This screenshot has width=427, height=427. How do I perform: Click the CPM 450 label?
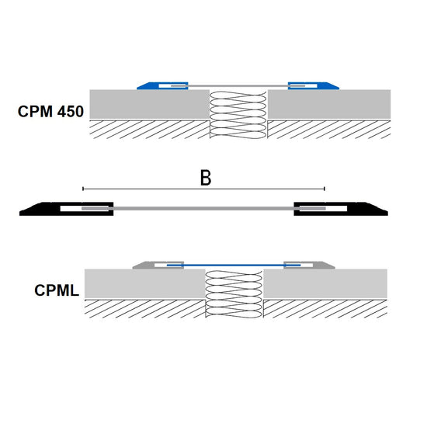point(50,112)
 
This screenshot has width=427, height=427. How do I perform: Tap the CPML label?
point(57,290)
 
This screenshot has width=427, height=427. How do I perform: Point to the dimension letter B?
point(206,178)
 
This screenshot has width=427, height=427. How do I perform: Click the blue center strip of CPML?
point(234,265)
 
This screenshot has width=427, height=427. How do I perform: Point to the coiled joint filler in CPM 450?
point(238,115)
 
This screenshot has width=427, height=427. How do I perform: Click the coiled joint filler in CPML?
point(234,294)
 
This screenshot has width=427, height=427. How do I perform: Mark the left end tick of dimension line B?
point(83,189)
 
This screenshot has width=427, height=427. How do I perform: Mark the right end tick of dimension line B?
point(325,189)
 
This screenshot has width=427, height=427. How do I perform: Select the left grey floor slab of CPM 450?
point(150,104)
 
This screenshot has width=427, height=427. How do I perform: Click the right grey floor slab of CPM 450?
point(329,104)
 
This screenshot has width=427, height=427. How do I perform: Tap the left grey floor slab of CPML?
point(144,283)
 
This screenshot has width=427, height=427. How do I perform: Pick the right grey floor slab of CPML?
point(325,283)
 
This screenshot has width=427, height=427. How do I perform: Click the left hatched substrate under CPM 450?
point(150,130)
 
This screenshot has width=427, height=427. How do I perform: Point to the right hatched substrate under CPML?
point(325,309)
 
